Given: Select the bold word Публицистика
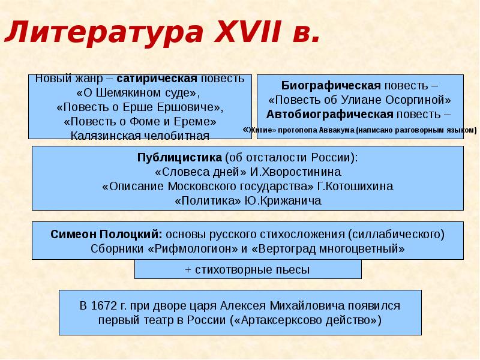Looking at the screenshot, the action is coord(180,158).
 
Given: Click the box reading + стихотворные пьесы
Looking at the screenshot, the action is coord(248,269).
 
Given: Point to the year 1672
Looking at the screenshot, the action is coord(106,305).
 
